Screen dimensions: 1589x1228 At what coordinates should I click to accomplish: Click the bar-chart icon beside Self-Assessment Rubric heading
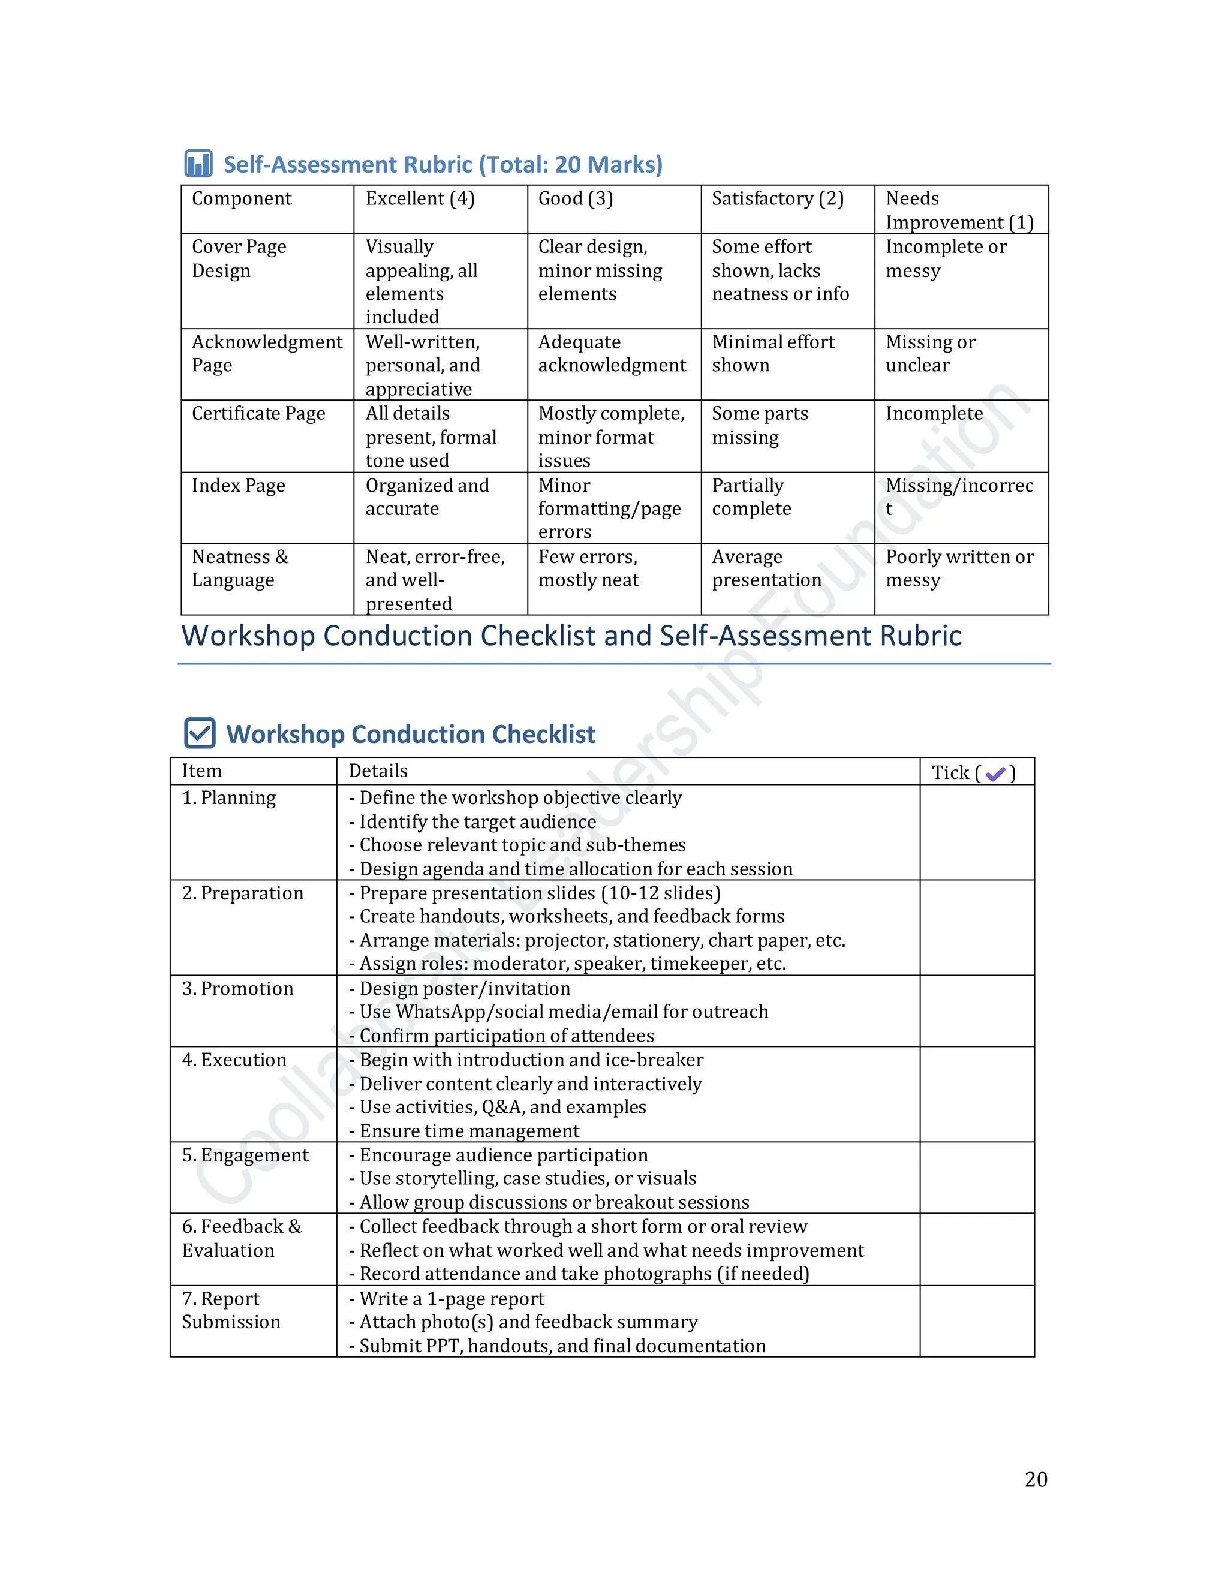point(198,164)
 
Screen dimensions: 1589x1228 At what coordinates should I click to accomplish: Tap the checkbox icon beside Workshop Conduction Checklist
point(200,733)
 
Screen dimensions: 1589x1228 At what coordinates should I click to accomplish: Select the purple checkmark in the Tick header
point(995,774)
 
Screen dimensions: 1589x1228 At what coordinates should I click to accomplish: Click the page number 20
point(1035,1479)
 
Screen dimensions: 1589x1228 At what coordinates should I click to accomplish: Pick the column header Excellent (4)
point(420,198)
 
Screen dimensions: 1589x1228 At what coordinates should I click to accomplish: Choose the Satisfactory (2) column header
point(777,198)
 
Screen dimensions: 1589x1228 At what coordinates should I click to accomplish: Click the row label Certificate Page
point(258,413)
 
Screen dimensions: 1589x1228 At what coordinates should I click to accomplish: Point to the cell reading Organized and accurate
point(427,497)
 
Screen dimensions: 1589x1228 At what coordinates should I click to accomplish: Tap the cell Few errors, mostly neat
point(589,568)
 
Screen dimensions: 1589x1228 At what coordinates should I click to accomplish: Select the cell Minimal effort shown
point(772,354)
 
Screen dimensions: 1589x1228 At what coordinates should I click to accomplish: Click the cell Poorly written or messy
point(959,568)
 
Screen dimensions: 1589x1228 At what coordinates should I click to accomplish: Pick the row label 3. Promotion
point(238,988)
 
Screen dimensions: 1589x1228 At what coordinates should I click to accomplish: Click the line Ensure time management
point(469,1131)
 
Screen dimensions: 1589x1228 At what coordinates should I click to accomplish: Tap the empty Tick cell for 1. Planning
point(976,832)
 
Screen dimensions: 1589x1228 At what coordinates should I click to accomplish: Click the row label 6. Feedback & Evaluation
point(241,1238)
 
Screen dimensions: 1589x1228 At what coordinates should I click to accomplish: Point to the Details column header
point(378,771)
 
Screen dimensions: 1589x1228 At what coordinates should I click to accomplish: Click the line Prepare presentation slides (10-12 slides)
point(540,893)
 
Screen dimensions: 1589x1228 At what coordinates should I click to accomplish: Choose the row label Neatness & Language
point(240,568)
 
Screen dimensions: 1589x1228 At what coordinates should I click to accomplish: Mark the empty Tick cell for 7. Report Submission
point(976,1320)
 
